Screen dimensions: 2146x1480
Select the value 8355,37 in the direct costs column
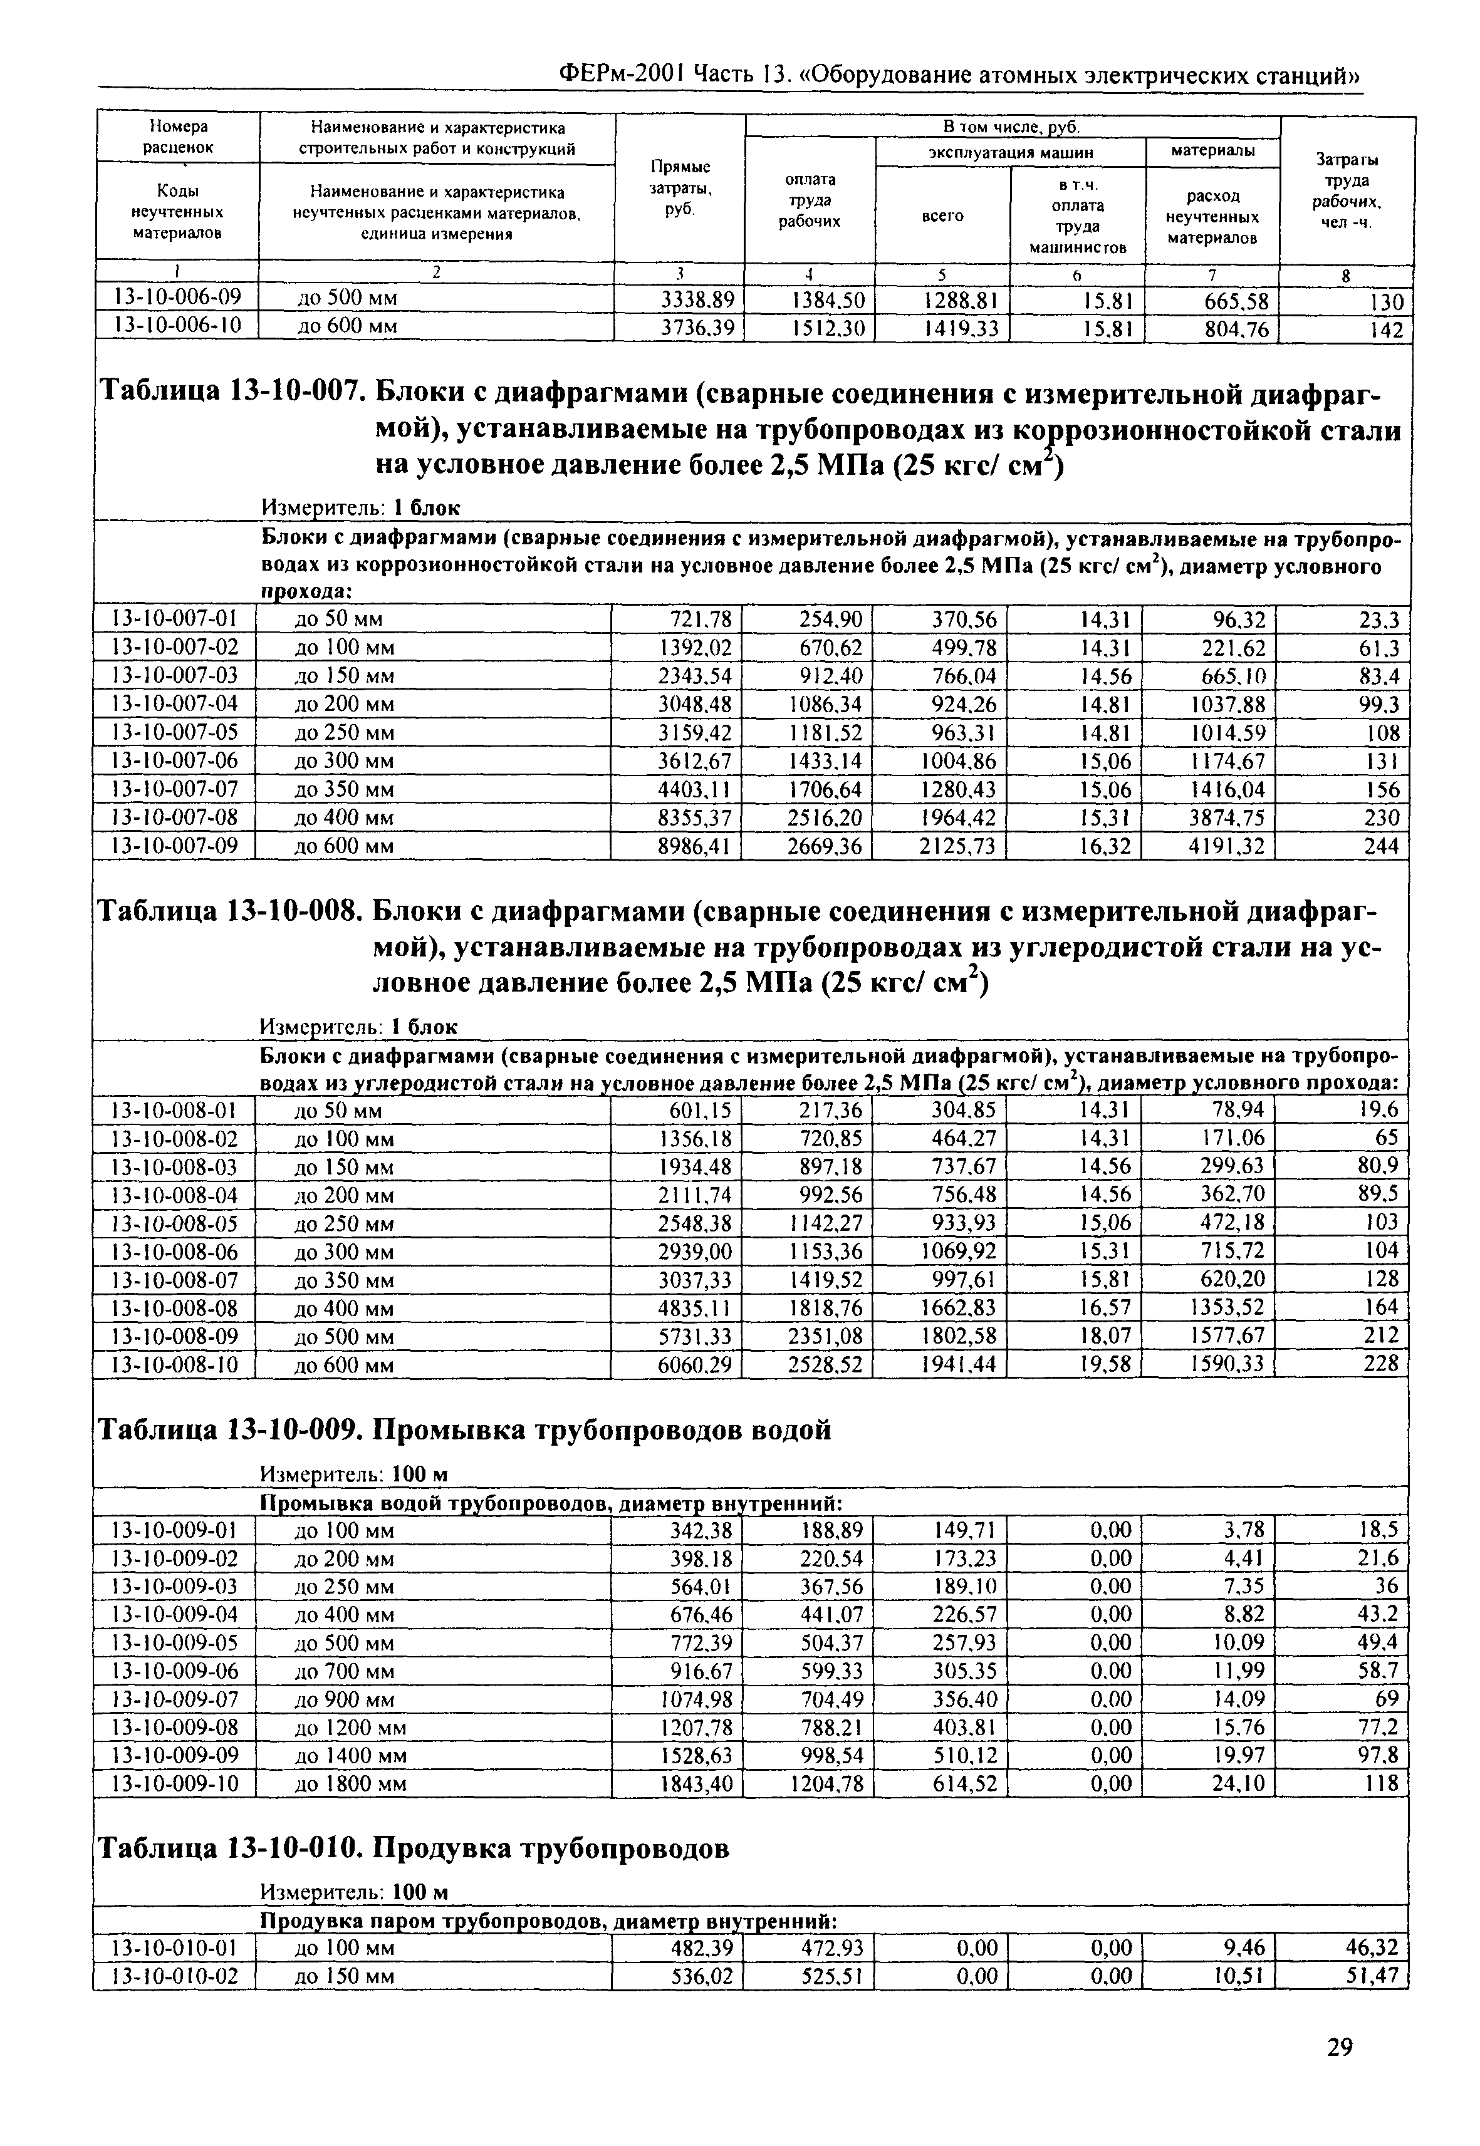click(x=694, y=817)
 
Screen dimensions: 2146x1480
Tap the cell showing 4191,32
click(x=1227, y=846)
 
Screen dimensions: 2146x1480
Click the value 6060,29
click(x=694, y=1364)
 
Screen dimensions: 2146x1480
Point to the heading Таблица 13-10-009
click(x=228, y=1431)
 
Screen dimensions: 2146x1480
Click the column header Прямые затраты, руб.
click(x=680, y=188)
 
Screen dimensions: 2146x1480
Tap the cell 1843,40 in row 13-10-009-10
click(x=694, y=1783)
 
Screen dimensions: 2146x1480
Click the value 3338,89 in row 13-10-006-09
click(x=696, y=300)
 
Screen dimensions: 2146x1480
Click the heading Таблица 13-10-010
click(x=228, y=1848)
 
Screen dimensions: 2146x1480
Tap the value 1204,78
click(x=823, y=1783)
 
